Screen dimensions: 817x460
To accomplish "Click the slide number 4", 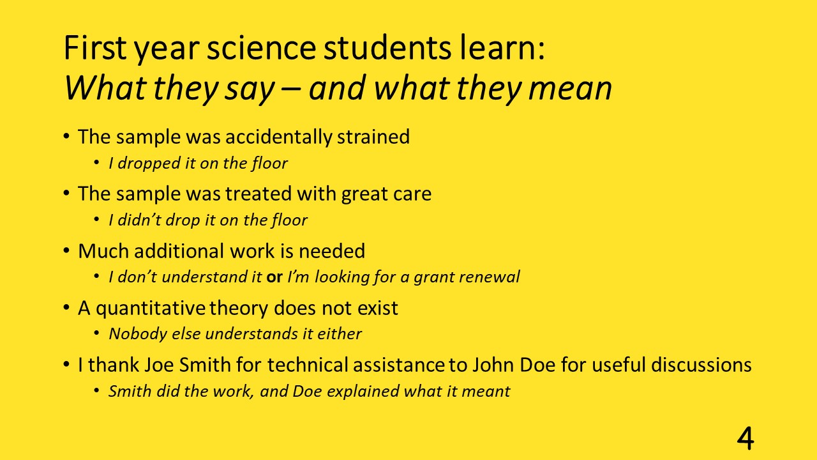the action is [x=745, y=438].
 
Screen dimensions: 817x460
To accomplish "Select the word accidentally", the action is [x=278, y=137].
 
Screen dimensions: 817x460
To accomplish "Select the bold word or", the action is [x=274, y=277].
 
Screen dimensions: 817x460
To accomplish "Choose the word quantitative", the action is [x=151, y=309].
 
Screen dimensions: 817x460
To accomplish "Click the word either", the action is [x=339, y=333].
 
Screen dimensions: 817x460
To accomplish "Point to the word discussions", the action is [x=701, y=365].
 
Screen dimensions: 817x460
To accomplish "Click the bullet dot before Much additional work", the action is [x=66, y=251].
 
